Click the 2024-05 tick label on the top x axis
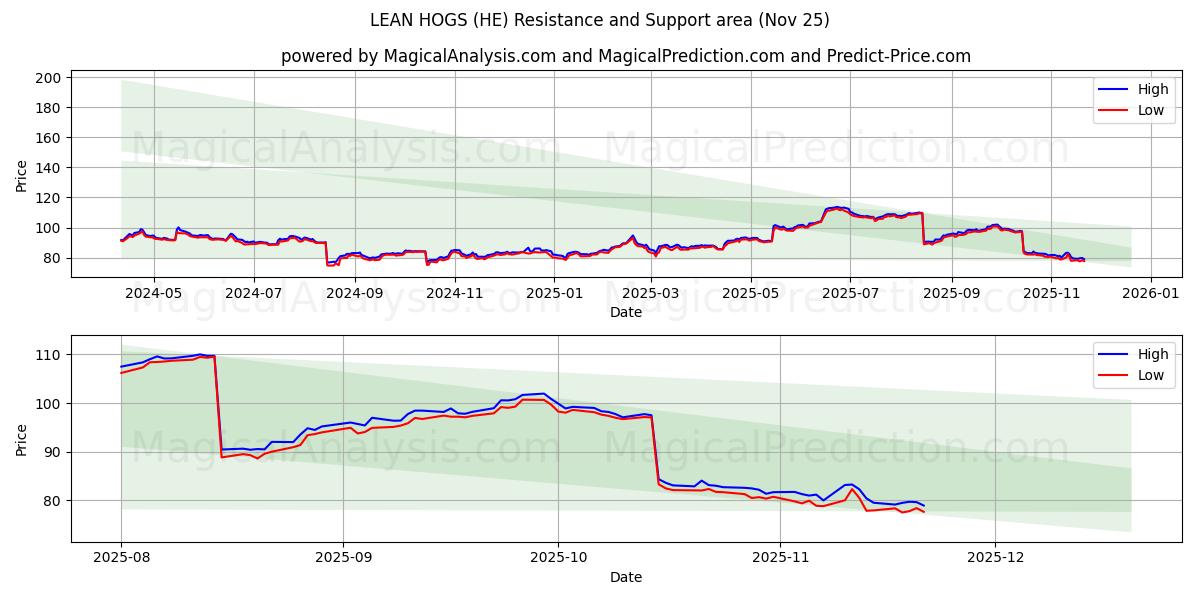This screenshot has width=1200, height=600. tap(153, 294)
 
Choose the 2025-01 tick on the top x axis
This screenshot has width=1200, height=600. tap(553, 294)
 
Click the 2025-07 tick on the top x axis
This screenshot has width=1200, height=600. tap(849, 294)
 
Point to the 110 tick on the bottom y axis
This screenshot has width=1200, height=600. tap(50, 355)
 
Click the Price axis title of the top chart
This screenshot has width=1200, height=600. tap(22, 174)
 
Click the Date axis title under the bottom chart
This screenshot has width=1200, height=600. tap(626, 577)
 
